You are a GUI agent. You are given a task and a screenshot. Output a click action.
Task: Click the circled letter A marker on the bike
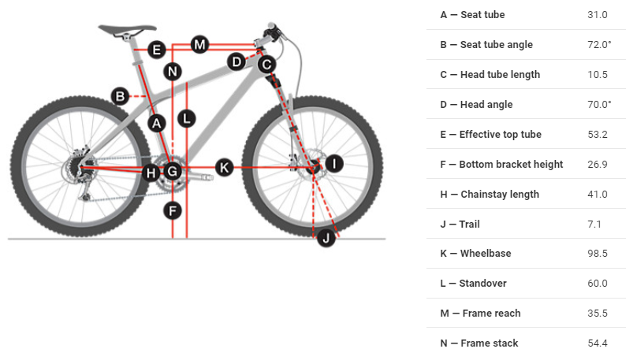(x=156, y=123)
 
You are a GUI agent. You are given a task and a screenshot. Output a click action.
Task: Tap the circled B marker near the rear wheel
(x=120, y=96)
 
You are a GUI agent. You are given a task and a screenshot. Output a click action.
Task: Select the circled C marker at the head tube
(x=266, y=64)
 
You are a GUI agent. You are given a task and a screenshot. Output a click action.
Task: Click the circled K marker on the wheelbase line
(x=225, y=167)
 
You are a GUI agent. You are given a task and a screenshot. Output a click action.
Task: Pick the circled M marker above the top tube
(x=199, y=44)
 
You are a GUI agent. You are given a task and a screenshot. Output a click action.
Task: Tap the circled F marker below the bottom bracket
(x=173, y=210)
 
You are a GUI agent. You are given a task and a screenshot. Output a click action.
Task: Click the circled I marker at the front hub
(x=334, y=163)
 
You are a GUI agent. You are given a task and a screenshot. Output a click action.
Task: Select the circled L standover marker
(x=186, y=119)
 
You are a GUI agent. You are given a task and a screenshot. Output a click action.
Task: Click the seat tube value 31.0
(x=598, y=15)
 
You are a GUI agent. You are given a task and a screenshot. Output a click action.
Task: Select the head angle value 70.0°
(x=598, y=105)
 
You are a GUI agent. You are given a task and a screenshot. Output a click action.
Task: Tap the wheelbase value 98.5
(x=598, y=254)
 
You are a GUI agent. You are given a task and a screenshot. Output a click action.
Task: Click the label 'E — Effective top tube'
(x=490, y=135)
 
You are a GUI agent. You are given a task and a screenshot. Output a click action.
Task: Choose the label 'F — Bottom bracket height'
(x=501, y=165)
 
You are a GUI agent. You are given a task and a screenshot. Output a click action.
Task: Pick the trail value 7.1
(x=594, y=225)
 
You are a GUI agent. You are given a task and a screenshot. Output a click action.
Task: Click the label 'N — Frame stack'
(x=478, y=343)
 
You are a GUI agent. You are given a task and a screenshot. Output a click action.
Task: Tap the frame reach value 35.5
(x=598, y=314)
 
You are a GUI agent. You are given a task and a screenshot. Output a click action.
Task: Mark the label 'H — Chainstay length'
(x=490, y=195)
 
